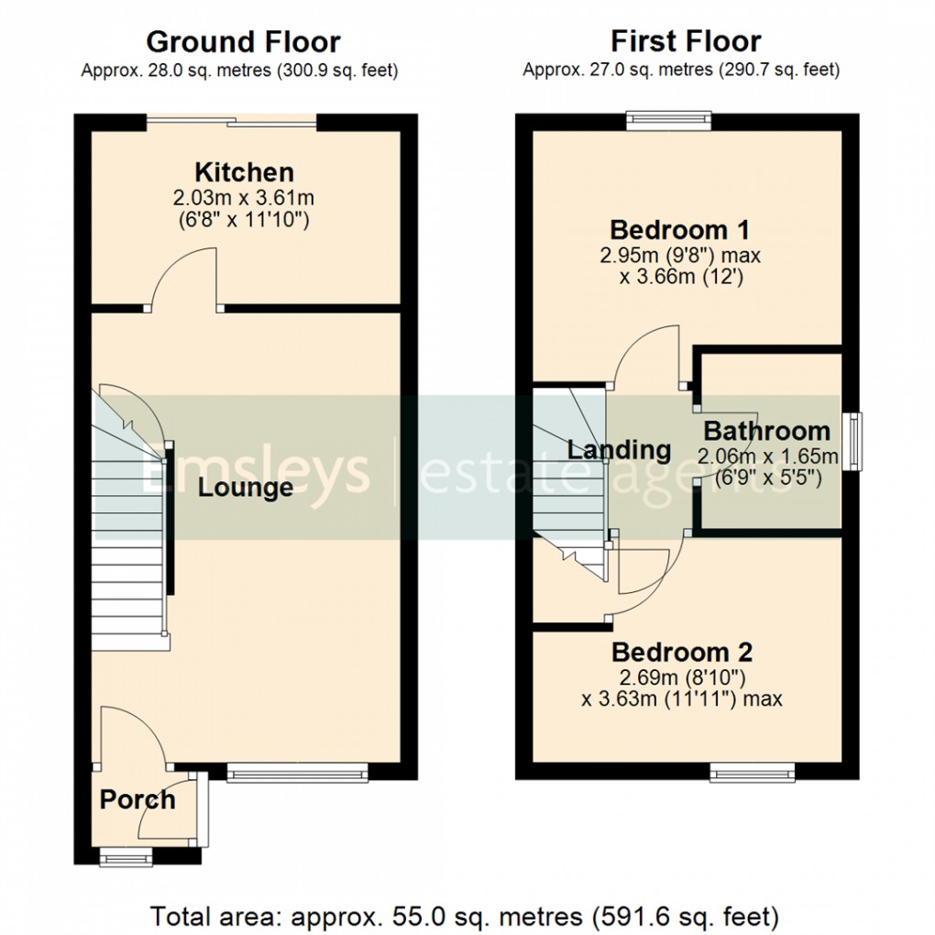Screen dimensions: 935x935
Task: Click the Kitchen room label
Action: coord(244,172)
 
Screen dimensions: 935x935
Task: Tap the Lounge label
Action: coord(246,488)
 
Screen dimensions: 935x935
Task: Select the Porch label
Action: coord(137,799)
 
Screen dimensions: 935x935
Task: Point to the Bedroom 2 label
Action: coord(682,653)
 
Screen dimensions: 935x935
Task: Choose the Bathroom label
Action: coord(767,431)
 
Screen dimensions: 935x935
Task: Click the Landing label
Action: coord(619,450)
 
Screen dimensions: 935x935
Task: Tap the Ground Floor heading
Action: coord(243,42)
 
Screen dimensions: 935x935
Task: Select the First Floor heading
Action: coord(686,42)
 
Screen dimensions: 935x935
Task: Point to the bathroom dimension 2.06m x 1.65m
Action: coord(768,456)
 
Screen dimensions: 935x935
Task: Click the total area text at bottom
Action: coord(465,916)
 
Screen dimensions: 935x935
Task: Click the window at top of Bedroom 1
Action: coord(669,118)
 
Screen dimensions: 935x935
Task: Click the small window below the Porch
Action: coord(126,858)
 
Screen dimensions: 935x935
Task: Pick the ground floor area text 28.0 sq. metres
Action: coord(239,71)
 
